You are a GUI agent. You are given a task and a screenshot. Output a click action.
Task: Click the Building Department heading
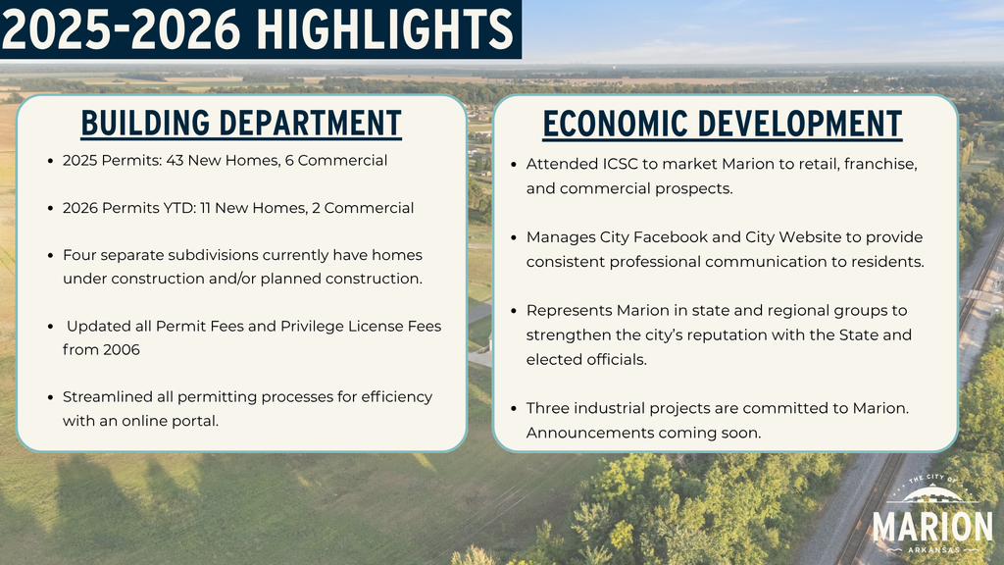[x=240, y=124]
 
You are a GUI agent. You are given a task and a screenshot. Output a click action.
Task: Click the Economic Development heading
[x=723, y=125]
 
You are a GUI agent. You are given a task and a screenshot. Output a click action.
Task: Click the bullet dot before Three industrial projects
[x=515, y=408]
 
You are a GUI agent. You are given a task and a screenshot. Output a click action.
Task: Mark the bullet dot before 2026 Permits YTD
[x=51, y=208]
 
